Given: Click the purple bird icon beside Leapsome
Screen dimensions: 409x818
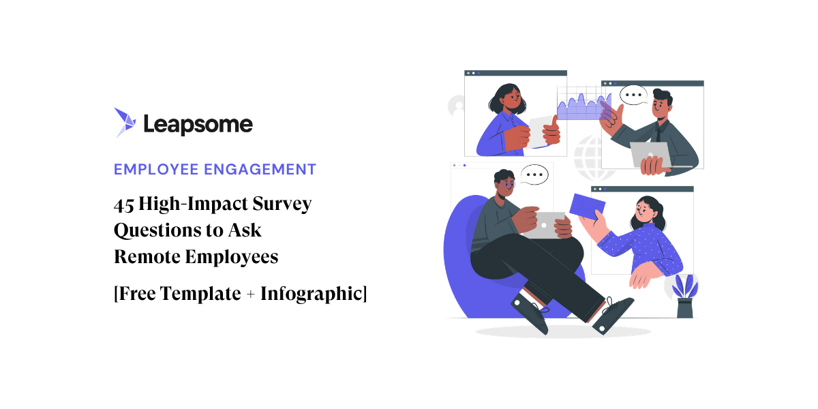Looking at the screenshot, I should pos(126,123).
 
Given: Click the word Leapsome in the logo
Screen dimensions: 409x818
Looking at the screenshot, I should pos(198,124).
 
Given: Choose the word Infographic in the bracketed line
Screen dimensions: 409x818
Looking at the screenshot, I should pos(311,294).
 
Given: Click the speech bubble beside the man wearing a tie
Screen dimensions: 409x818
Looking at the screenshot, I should pos(633,94).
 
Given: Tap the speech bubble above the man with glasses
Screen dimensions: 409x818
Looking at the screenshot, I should pos(534,175).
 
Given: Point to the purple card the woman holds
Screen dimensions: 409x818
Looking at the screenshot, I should pos(586,209).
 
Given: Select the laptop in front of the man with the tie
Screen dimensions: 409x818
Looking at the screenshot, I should pos(648,155).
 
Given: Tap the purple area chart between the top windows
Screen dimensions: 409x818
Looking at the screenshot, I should pos(580,106).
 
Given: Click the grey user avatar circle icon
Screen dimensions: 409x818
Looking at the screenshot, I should pos(457,106).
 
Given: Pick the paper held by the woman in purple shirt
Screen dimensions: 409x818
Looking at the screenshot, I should pos(543,130).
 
